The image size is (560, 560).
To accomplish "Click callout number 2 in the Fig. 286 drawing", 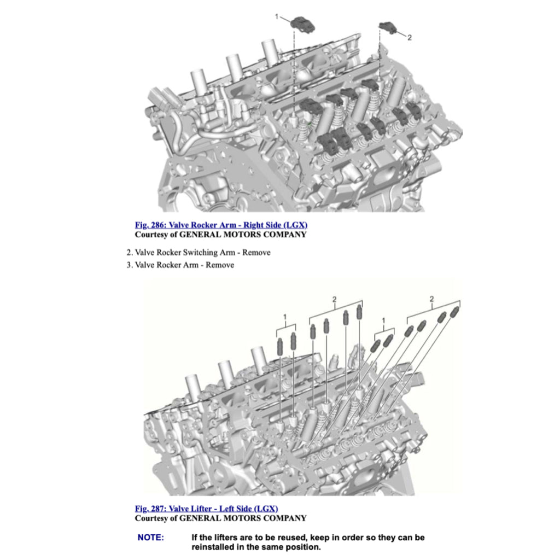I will [x=410, y=38].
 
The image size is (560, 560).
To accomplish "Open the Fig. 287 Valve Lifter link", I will [x=210, y=509].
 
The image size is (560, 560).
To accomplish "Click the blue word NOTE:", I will [x=150, y=538].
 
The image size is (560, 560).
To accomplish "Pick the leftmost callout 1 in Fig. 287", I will [x=285, y=317].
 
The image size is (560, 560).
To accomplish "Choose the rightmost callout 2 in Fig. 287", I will [x=432, y=299].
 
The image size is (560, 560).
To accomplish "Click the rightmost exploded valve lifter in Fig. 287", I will [x=454, y=312].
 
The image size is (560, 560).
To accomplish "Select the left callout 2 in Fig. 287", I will [x=335, y=299].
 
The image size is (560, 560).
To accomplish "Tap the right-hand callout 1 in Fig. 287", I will [x=383, y=319].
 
